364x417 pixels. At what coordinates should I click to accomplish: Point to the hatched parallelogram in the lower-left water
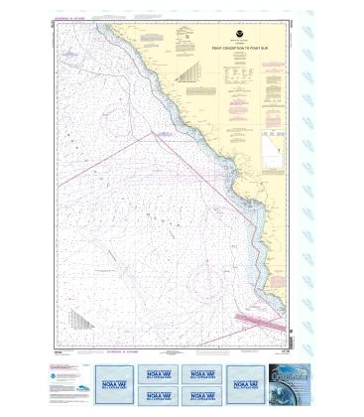[x=79, y=319]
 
